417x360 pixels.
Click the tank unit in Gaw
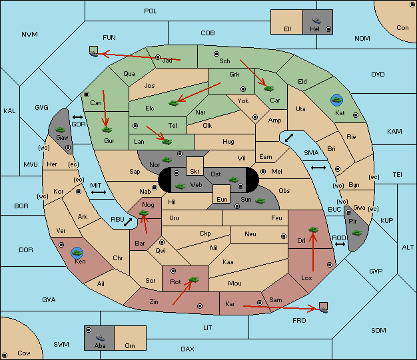61,130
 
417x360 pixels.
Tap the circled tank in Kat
336,100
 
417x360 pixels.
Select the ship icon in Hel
316,21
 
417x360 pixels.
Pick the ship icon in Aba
100,338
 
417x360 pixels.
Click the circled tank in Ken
77,253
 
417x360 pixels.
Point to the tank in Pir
356,233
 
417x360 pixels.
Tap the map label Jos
149,86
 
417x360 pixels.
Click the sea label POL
151,11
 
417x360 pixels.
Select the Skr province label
195,172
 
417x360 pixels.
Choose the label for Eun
222,199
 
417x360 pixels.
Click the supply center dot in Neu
284,236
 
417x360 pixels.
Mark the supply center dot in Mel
263,172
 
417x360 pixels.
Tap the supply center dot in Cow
5,355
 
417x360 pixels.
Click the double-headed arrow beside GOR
78,117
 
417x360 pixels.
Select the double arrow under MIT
99,192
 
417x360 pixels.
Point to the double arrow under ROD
340,244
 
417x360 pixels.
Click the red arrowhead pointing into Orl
313,236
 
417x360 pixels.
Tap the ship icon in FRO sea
323,309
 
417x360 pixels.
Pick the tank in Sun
260,201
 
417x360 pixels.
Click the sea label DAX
187,349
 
